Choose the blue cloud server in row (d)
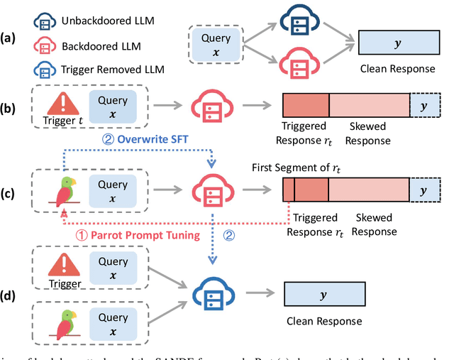click(x=212, y=291)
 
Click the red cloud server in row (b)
click(x=212, y=107)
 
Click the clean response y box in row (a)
click(x=397, y=43)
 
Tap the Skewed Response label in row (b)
click(x=368, y=134)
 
